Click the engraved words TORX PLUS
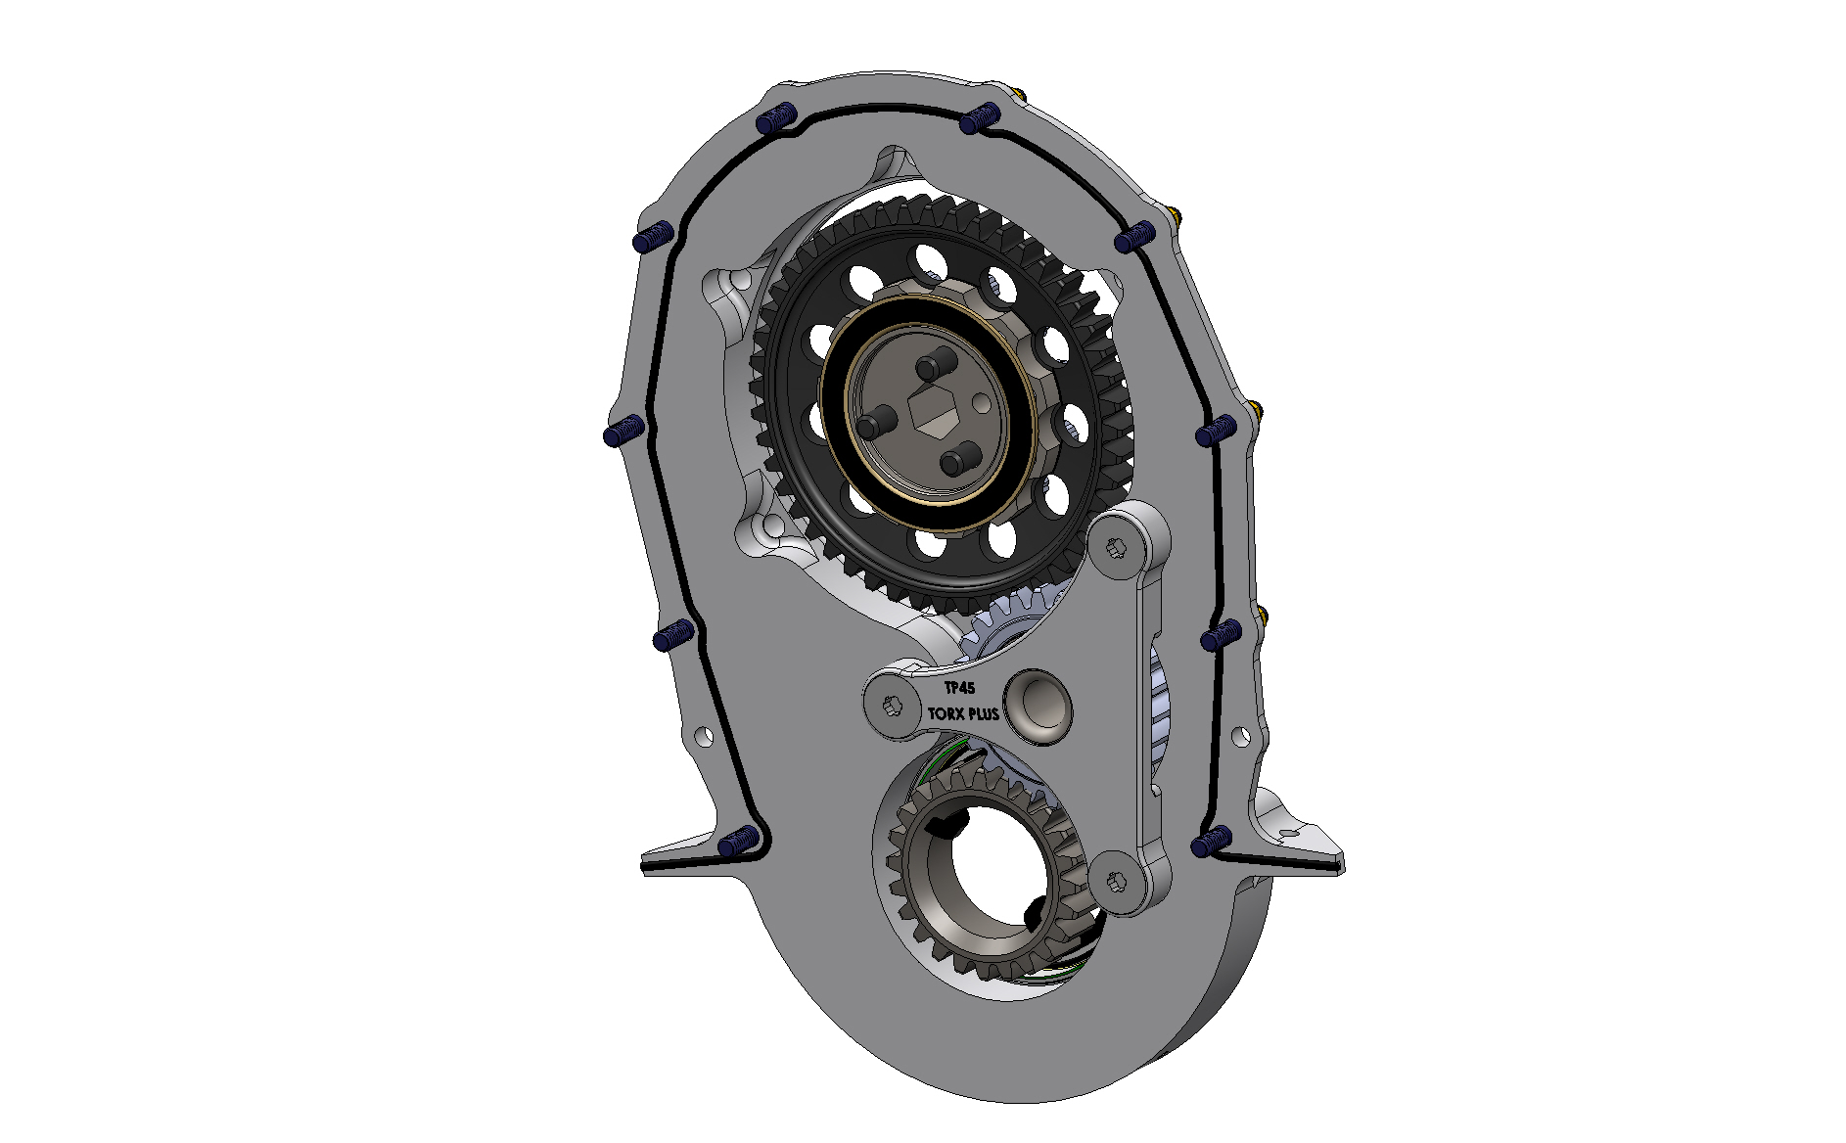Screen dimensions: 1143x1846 pos(963,714)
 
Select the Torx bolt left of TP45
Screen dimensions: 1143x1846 pos(889,705)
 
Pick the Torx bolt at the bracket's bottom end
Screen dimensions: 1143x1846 pos(1117,881)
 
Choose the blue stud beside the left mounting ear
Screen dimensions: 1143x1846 pos(736,841)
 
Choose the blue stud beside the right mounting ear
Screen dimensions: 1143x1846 pos(1213,841)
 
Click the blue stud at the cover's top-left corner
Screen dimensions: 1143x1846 pos(772,120)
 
